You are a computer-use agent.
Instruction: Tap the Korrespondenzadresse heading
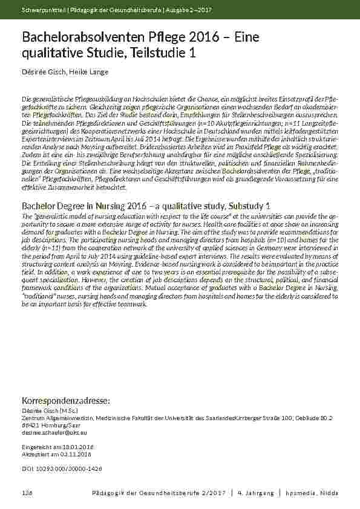tap(65, 401)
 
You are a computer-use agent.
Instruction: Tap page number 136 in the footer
tap(27, 493)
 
